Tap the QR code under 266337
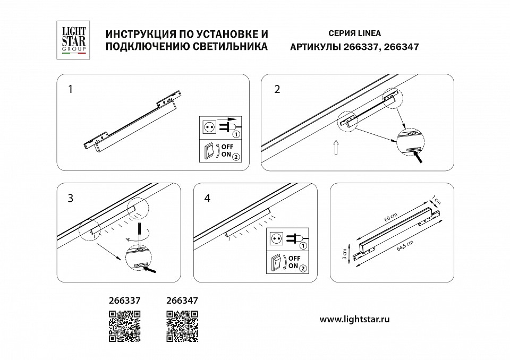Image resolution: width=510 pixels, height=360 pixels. [x=125, y=325]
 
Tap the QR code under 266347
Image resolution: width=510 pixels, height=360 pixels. [x=182, y=325]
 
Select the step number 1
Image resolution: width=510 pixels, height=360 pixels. [x=71, y=89]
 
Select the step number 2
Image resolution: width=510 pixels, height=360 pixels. [x=276, y=89]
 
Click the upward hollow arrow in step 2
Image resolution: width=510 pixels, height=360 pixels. [x=336, y=148]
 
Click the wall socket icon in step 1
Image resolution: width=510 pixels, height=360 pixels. [x=209, y=126]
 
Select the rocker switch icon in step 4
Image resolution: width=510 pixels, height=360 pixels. [x=276, y=262]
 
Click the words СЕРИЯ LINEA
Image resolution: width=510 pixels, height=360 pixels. [x=351, y=33]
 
